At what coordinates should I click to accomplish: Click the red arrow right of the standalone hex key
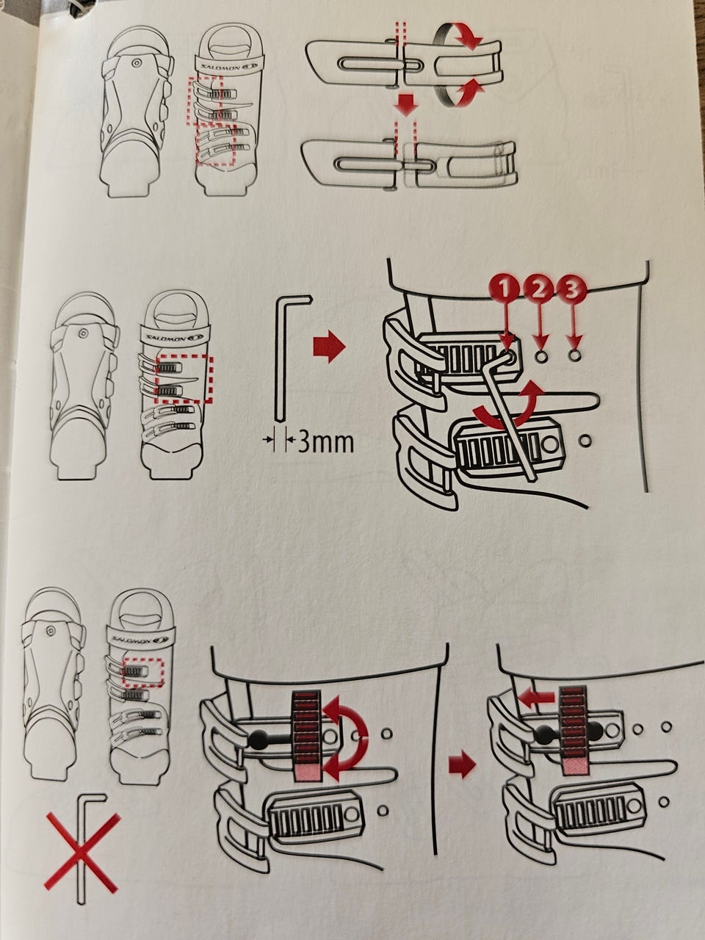[x=329, y=347]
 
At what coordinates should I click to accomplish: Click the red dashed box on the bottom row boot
[x=143, y=660]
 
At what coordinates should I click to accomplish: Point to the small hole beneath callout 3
[x=574, y=355]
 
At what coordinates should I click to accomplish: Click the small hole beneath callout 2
[x=541, y=355]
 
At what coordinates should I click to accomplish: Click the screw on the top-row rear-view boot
[x=137, y=63]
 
